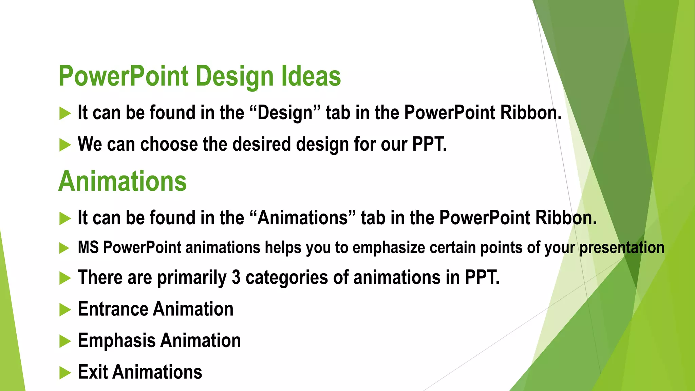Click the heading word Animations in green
pos(123,181)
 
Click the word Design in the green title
pos(234,76)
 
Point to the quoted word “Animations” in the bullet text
pos(303,218)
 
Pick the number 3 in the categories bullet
pos(236,277)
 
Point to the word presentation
pos(622,247)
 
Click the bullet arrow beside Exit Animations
pos(64,373)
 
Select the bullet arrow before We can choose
pos(64,145)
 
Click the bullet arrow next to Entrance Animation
pos(64,310)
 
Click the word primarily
pos(192,278)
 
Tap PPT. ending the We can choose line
pos(429,144)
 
